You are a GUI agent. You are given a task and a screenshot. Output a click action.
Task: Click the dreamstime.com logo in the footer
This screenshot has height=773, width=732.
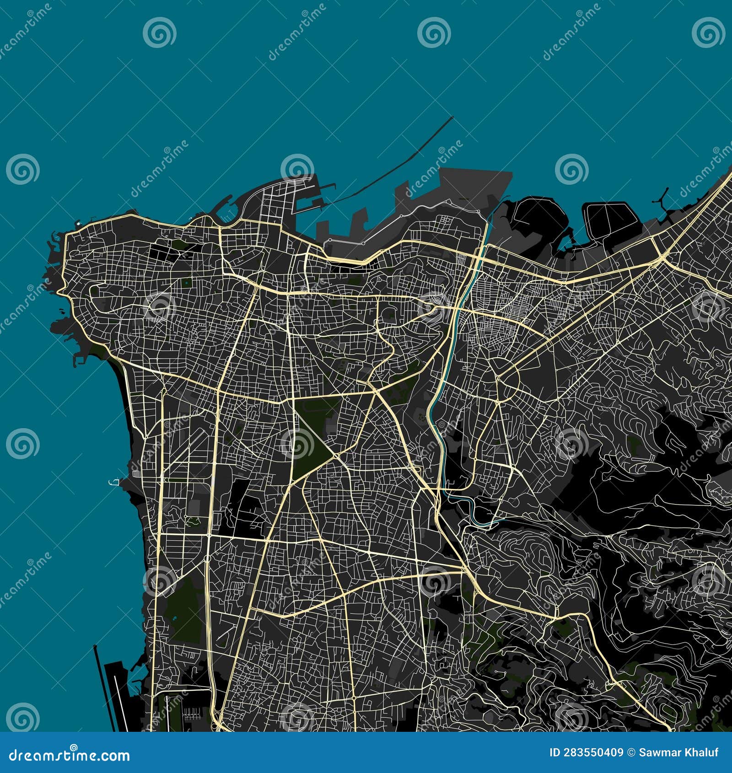point(69,756)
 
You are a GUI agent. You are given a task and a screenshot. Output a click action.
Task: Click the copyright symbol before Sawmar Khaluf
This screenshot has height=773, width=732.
point(630,752)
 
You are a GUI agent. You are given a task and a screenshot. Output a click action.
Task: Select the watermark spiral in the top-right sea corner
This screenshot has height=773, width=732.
point(708,32)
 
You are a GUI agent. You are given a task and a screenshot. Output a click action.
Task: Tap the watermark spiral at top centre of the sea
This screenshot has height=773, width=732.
point(434,32)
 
